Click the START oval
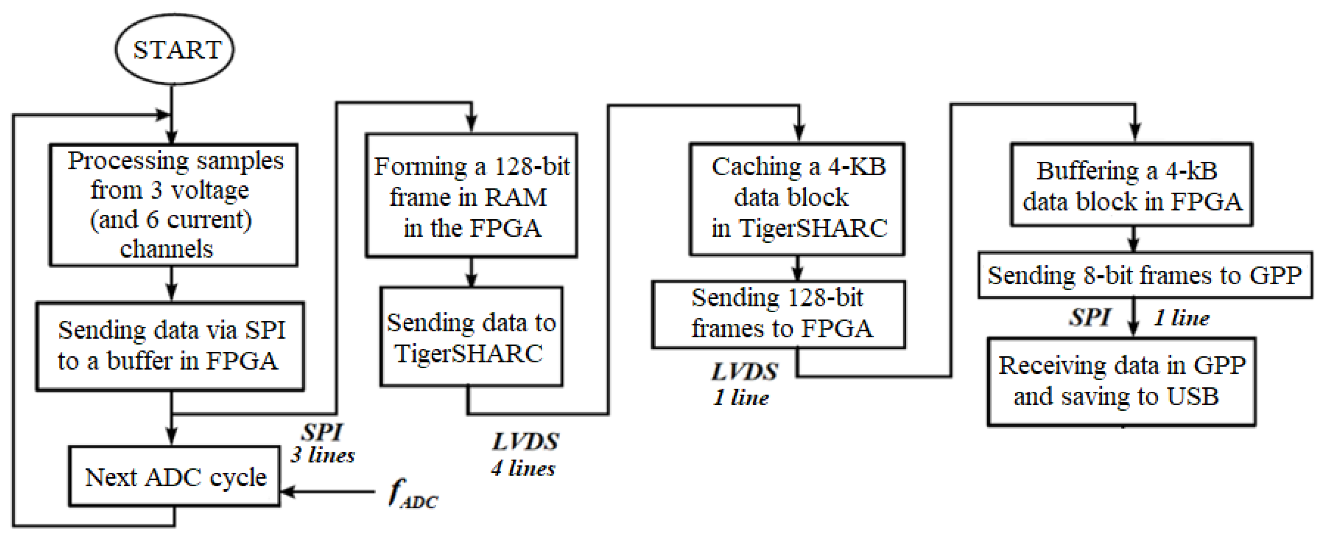coord(174,49)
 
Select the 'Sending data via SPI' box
coord(170,346)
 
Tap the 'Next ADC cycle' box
coord(175,476)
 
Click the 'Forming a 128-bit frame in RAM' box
coord(471,196)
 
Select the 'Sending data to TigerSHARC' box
coord(471,337)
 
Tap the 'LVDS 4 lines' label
coord(524,454)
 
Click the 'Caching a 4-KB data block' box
coord(797,199)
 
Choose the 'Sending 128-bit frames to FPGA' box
coord(778,314)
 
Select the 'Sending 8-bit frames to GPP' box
coord(1145,275)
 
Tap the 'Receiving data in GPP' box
coord(1122,382)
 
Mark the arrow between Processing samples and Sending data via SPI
coord(172,283)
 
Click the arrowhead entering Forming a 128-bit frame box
coord(471,124)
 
